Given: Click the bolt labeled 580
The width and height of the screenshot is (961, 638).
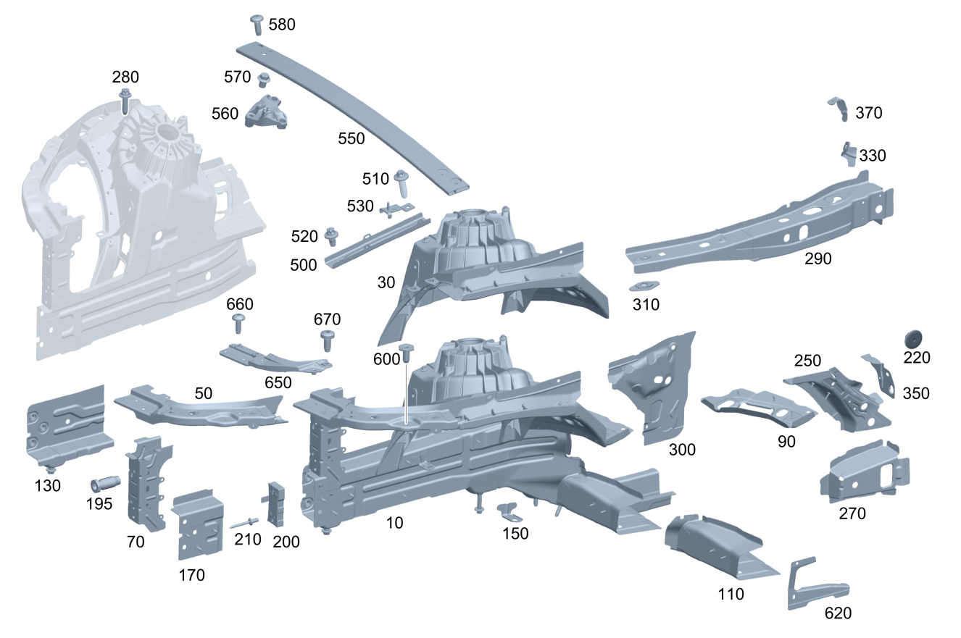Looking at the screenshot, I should pyautogui.click(x=257, y=24).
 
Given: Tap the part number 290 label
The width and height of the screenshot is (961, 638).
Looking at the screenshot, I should pyautogui.click(x=818, y=259).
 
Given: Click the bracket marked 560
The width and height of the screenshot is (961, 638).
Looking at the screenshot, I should pyautogui.click(x=266, y=114).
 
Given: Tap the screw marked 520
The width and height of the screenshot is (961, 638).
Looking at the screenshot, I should pyautogui.click(x=333, y=236).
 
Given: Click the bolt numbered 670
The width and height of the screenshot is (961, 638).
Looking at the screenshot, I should pyautogui.click(x=326, y=340).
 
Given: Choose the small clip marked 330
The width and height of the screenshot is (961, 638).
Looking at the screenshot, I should pyautogui.click(x=847, y=154).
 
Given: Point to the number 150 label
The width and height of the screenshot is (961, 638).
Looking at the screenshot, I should pyautogui.click(x=516, y=533).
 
